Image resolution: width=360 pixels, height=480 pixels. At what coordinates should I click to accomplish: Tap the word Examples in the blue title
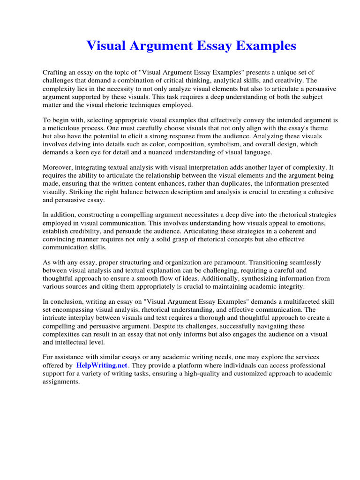266,46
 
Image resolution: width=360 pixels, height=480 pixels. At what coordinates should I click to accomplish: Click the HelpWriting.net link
101,365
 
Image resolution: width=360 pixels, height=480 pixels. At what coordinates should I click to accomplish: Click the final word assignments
61,382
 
